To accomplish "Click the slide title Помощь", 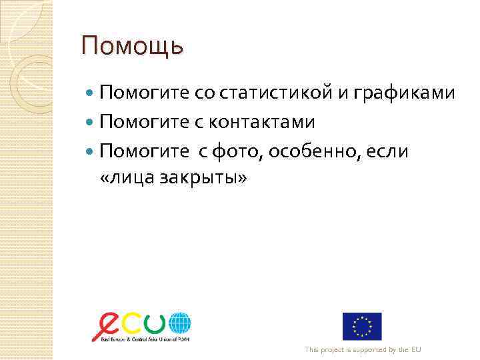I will pos(131,47).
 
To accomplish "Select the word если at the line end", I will pos(387,153).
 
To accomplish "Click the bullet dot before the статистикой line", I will pos(91,93).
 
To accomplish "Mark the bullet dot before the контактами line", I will pos(91,123).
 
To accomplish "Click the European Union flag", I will pos(362,326).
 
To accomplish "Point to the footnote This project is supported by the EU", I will pos(363,349).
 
